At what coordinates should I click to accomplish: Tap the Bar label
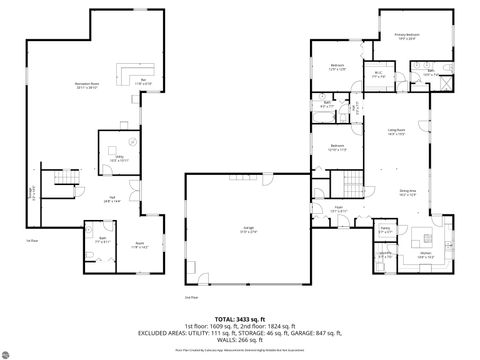[x=143, y=81]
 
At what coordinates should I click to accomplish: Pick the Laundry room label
[x=384, y=255]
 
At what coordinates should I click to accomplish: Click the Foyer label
[x=340, y=209]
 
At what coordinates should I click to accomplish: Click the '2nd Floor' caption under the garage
[x=190, y=297]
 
